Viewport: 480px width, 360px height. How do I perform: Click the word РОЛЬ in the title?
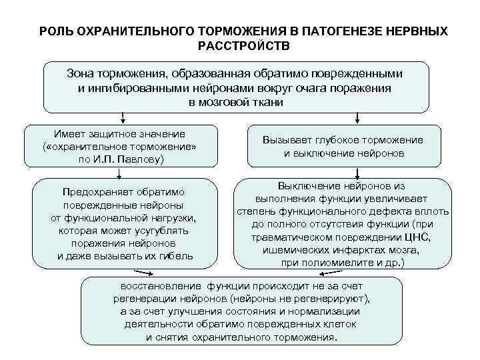(55, 31)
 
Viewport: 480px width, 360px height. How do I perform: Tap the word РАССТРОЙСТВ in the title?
(240, 45)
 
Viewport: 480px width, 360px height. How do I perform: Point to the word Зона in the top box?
(82, 72)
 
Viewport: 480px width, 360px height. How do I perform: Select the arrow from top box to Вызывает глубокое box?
(357, 119)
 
